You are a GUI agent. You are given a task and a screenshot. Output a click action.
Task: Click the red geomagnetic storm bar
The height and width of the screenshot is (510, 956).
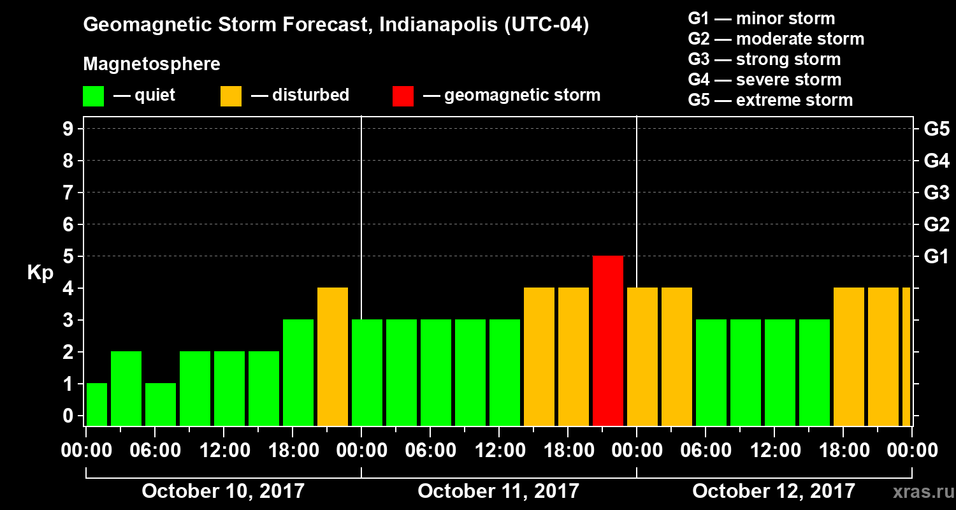pyautogui.click(x=608, y=340)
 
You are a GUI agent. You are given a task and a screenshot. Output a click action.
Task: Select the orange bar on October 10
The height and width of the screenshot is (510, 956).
pyautogui.click(x=333, y=356)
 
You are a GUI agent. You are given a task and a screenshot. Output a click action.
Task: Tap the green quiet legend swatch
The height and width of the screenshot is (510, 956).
pyautogui.click(x=93, y=96)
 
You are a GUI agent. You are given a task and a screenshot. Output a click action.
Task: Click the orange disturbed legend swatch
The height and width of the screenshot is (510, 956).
pyautogui.click(x=231, y=96)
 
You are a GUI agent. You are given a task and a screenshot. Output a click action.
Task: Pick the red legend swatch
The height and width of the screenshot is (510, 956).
pyautogui.click(x=403, y=96)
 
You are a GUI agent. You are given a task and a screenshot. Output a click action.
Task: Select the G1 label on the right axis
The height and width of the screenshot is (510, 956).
pyautogui.click(x=936, y=256)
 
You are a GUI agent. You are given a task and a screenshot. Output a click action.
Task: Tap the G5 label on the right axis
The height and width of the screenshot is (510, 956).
pyautogui.click(x=936, y=129)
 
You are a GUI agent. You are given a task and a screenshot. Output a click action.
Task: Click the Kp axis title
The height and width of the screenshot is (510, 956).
pyautogui.click(x=40, y=273)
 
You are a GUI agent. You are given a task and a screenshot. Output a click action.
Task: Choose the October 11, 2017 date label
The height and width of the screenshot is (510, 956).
pyautogui.click(x=498, y=491)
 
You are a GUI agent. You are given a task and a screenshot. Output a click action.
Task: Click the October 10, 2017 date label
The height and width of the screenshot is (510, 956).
pyautogui.click(x=223, y=491)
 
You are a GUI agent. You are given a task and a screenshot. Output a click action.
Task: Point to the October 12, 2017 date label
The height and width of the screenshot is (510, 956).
pyautogui.click(x=774, y=491)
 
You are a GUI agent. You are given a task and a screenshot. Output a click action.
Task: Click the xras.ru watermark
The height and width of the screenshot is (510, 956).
pyautogui.click(x=918, y=492)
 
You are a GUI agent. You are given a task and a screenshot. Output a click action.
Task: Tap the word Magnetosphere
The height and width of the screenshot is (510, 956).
pyautogui.click(x=152, y=64)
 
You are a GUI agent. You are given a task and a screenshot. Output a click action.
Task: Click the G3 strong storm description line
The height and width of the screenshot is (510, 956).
pyautogui.click(x=764, y=59)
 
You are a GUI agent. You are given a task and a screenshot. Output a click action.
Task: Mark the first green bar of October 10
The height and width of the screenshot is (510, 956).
pyautogui.click(x=97, y=404)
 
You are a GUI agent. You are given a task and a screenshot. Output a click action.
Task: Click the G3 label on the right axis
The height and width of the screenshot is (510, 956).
pyautogui.click(x=936, y=193)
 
